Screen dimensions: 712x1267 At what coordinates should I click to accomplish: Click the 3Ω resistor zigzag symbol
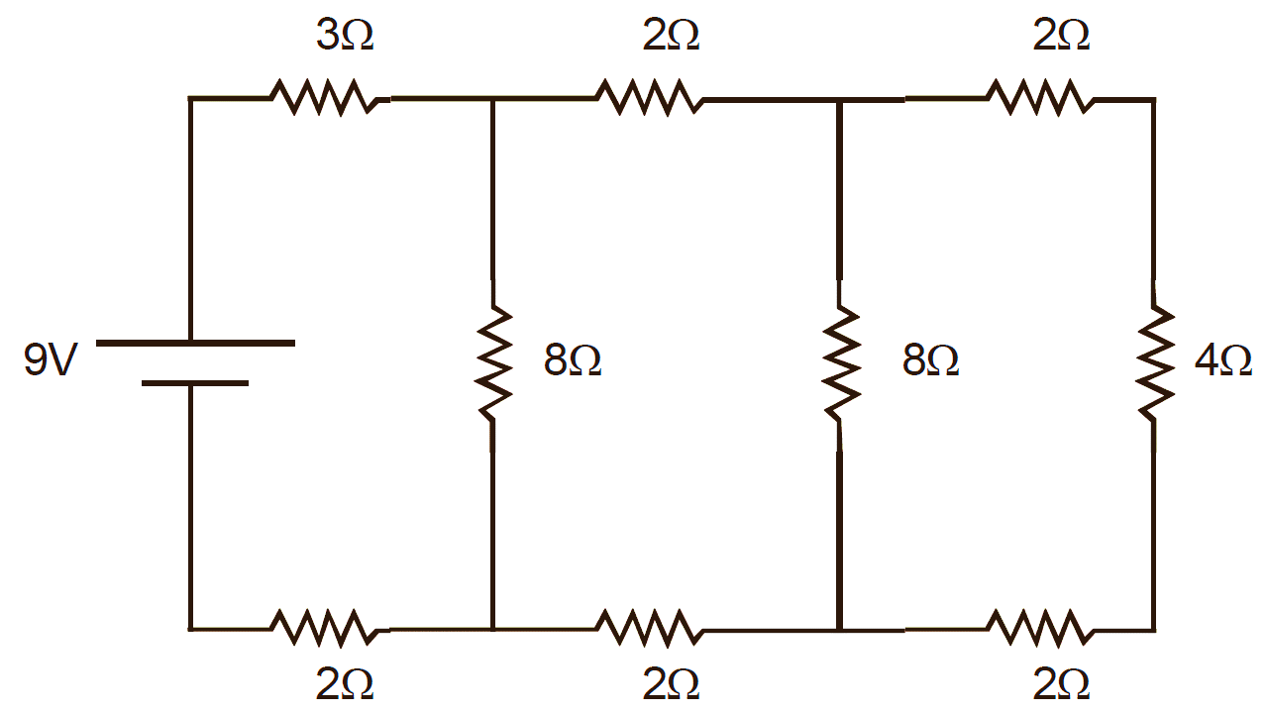(322, 98)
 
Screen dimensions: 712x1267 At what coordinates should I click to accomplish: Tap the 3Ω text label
(345, 37)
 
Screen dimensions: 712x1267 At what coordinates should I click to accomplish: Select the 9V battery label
(50, 361)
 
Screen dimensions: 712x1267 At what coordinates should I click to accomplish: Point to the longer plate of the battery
(195, 343)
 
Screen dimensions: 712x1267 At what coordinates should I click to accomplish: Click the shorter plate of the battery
(195, 382)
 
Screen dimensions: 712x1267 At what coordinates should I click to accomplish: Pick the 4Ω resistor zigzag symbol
(1153, 353)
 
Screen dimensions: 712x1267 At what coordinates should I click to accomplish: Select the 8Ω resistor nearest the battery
(492, 364)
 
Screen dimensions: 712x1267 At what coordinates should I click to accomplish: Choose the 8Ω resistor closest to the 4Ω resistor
(840, 364)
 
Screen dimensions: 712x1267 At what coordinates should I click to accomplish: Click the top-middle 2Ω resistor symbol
(648, 98)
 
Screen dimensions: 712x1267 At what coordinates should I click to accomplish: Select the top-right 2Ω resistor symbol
(1039, 98)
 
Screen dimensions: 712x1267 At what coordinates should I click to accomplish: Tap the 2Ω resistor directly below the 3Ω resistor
(322, 628)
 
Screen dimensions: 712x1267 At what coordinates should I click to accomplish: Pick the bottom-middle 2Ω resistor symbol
(648, 628)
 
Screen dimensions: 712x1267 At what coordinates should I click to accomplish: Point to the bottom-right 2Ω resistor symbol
(1039, 628)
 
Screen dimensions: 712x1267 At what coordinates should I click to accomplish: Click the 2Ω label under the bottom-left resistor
(345, 684)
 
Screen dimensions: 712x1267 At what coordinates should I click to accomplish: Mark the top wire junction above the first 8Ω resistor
(492, 99)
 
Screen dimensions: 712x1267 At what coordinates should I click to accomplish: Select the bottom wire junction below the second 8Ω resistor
(840, 629)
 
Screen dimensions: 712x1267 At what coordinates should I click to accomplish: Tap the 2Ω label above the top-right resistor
(1061, 37)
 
